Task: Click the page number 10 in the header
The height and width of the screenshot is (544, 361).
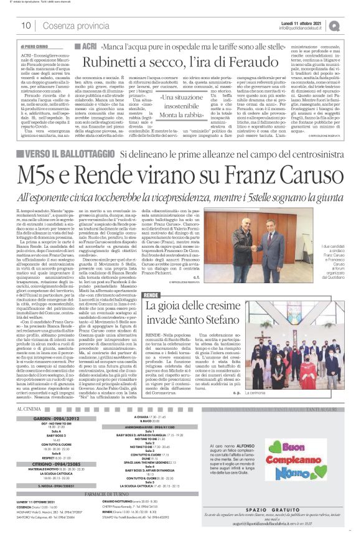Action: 27,26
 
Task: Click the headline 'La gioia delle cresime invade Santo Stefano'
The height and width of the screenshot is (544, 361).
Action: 202,313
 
